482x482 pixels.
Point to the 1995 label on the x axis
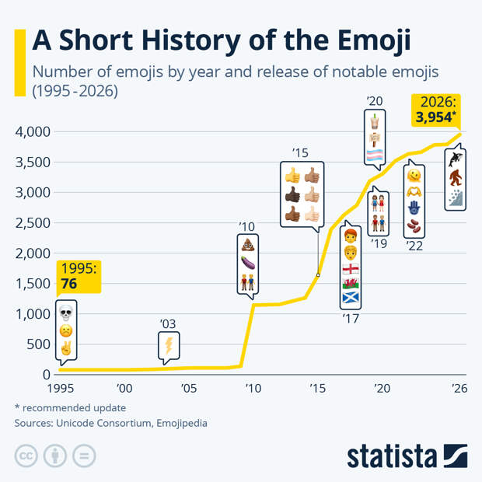59,389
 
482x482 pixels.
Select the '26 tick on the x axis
459,389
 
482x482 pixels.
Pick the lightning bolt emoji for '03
167,346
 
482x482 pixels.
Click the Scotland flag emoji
351,298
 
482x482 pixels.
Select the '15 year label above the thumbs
301,152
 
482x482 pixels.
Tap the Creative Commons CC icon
26,456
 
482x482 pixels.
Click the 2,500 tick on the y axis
33,222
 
